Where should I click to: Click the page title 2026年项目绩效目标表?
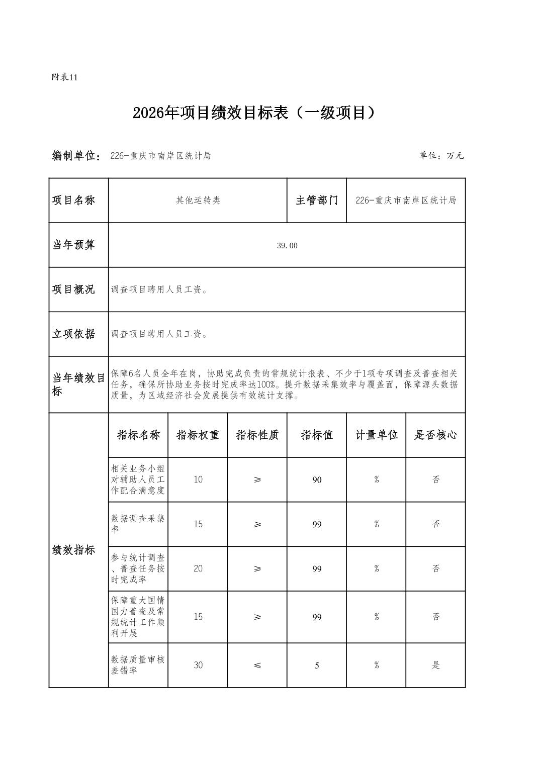tap(254, 113)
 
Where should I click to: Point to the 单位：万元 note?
tap(441, 156)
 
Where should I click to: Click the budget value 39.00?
tap(287, 246)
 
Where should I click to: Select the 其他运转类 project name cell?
tap(198, 201)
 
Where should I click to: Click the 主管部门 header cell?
tap(317, 201)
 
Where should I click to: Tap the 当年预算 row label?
tap(74, 245)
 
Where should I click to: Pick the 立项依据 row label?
tap(74, 334)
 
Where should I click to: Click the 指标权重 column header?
tap(198, 435)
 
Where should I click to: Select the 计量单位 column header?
tap(376, 435)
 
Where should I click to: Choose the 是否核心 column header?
tap(435, 435)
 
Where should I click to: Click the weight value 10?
tap(198, 480)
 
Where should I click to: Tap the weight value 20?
tap(198, 568)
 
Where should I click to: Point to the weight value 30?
tap(198, 665)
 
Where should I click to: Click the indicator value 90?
tap(317, 480)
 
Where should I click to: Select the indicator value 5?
tap(317, 665)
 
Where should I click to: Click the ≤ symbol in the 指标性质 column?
tap(257, 665)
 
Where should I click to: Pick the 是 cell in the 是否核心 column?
tap(436, 665)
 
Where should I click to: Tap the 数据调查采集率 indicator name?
tap(138, 524)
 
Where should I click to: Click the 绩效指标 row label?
tap(74, 550)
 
